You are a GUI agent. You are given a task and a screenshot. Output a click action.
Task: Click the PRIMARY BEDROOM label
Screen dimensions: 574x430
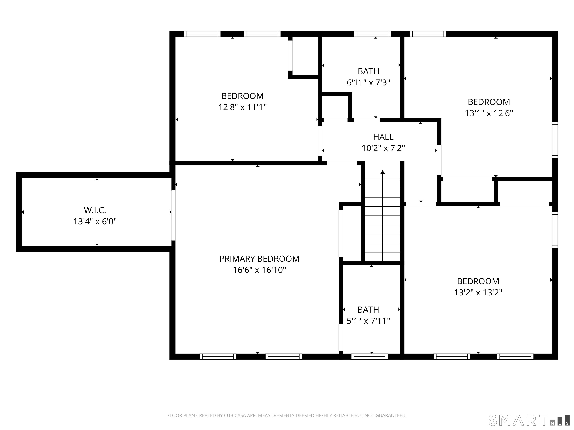tap(259, 259)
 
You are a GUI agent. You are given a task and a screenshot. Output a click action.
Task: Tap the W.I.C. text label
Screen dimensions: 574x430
tap(95, 210)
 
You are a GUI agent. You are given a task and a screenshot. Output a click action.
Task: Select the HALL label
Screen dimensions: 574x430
tap(383, 137)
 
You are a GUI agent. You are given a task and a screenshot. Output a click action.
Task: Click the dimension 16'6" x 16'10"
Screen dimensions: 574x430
tap(259, 270)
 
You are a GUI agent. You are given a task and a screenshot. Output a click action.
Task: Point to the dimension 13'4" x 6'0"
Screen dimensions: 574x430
tap(95, 222)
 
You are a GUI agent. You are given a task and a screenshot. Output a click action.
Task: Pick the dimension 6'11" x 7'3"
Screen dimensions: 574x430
tap(368, 83)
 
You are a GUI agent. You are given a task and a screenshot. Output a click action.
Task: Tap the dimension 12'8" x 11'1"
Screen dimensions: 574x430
tap(242, 107)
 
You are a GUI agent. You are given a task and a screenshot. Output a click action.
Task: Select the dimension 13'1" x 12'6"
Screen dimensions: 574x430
tap(489, 113)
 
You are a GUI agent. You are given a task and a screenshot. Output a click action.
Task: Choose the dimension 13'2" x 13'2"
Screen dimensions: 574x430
tap(478, 293)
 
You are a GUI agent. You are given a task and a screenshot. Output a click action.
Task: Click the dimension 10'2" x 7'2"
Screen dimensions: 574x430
tap(383, 148)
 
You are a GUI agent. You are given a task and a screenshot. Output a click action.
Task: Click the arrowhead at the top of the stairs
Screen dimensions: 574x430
tap(382, 172)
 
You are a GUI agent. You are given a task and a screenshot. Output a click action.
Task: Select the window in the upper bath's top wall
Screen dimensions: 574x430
tap(372, 34)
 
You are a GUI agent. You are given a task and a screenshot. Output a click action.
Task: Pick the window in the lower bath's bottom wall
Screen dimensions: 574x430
tap(370, 357)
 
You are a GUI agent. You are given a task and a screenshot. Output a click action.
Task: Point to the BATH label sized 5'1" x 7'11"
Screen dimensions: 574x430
tap(368, 310)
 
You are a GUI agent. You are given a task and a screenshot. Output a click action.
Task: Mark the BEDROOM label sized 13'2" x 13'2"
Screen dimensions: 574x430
tap(478, 281)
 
